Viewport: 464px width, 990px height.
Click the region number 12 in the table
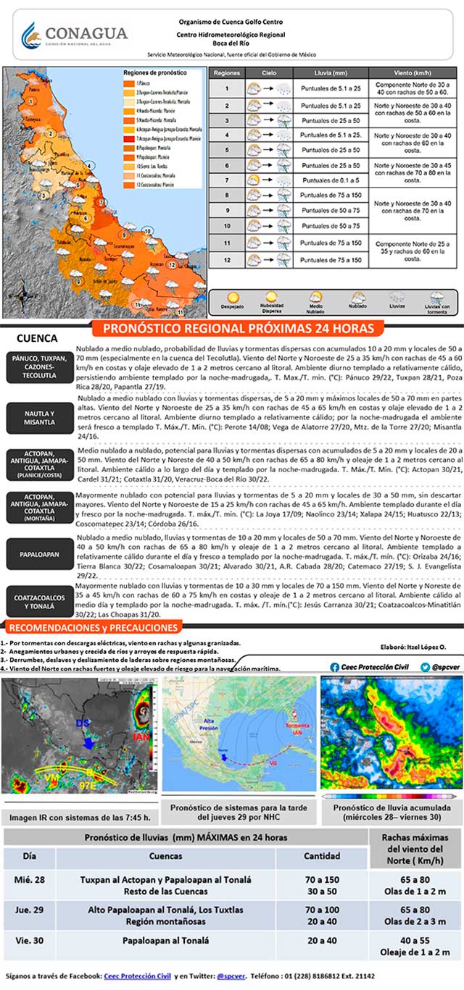[226, 259]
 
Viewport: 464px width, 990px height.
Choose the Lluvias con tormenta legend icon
[436, 298]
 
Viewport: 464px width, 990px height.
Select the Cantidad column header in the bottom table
[322, 856]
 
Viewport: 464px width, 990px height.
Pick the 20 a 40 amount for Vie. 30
[322, 941]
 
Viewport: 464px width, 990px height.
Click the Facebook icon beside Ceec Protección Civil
[335, 666]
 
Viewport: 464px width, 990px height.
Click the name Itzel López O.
[429, 647]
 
